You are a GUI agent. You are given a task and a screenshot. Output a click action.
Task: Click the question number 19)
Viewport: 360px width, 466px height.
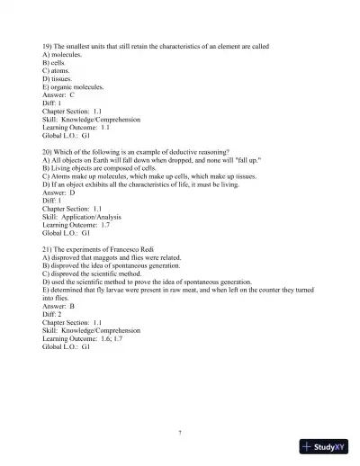(48, 43)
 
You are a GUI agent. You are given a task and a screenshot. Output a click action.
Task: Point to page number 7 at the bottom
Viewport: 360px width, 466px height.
(180, 433)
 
